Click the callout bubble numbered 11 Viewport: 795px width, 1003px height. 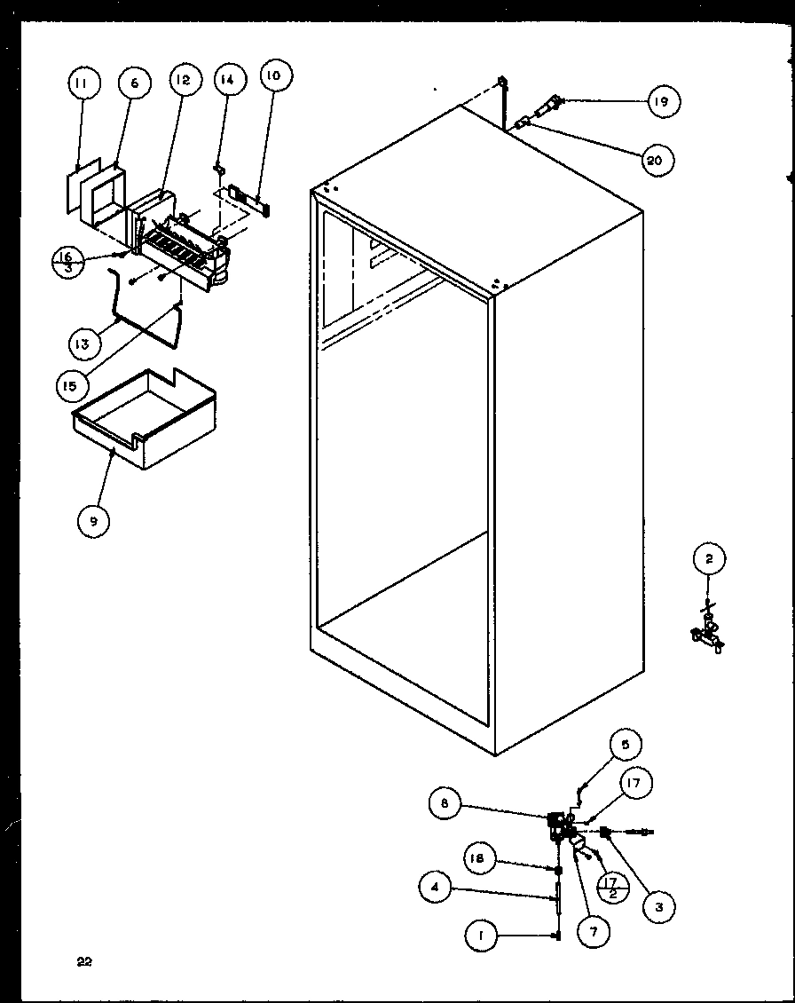pos(82,84)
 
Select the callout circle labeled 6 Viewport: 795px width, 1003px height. pos(135,83)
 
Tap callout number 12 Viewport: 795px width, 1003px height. pos(182,81)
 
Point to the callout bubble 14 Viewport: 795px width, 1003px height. pos(228,80)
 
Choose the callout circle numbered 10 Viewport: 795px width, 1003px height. pos(273,76)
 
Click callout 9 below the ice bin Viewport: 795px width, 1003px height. pos(93,522)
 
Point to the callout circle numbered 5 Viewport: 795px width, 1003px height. pos(625,746)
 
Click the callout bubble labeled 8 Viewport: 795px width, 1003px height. pos(445,804)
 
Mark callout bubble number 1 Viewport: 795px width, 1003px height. pos(480,936)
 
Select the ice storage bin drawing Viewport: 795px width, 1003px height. pos(146,417)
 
